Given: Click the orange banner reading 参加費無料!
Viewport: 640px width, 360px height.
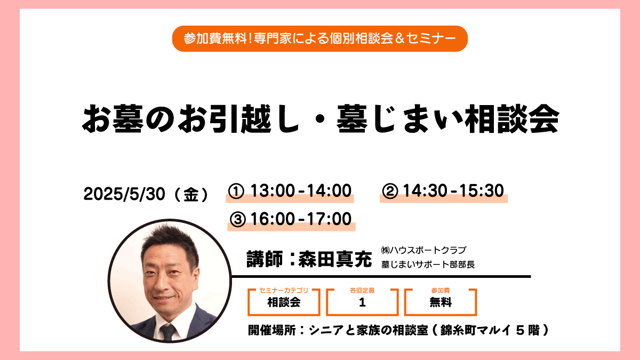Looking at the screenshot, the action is [x=319, y=38].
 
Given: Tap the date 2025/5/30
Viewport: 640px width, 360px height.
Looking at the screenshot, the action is [x=124, y=194].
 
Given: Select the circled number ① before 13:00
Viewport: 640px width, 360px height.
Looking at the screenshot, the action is [x=236, y=191].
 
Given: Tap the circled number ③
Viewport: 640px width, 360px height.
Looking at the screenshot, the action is [x=238, y=220].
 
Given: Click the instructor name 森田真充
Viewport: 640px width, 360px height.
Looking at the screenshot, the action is [x=335, y=259].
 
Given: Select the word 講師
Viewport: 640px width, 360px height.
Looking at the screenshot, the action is [x=265, y=259].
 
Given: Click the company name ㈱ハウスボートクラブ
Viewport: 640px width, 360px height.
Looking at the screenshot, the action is [x=423, y=250].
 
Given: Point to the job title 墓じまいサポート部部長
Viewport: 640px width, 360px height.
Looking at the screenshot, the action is [x=428, y=265].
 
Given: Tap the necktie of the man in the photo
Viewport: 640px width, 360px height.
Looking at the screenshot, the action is [x=167, y=332].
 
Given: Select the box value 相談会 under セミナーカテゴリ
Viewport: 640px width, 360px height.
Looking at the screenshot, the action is [x=284, y=302].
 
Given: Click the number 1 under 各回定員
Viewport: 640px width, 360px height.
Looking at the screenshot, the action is [x=362, y=302].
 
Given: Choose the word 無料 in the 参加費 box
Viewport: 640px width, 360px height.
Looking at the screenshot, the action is [x=441, y=302].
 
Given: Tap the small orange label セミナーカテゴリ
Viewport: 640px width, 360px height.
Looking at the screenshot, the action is [x=284, y=290].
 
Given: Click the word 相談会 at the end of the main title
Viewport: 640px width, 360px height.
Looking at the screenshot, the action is [x=512, y=119].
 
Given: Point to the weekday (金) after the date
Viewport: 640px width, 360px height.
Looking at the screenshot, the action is [x=191, y=195].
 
